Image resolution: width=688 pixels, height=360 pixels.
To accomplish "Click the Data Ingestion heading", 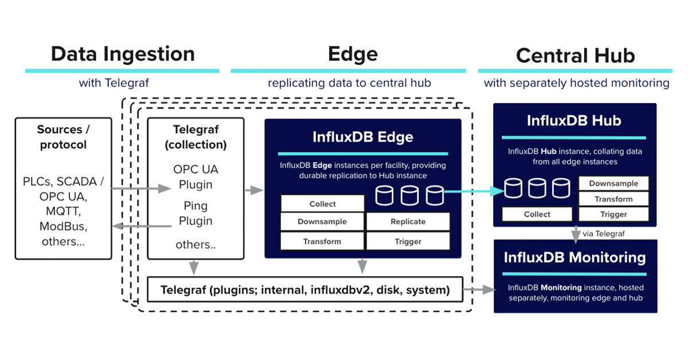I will click(122, 54).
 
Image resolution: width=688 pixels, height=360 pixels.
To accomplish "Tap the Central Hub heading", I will click(575, 55).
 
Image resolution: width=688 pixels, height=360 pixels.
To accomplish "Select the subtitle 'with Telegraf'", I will click(114, 83).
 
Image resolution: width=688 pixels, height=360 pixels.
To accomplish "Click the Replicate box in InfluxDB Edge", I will click(408, 221).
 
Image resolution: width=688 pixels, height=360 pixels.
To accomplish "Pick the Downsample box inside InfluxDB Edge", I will click(322, 221).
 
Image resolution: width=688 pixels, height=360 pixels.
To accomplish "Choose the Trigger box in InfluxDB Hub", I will click(613, 214).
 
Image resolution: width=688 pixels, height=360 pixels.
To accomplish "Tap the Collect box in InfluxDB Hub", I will click(537, 214).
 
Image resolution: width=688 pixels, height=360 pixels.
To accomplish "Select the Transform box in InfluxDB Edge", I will click(322, 241).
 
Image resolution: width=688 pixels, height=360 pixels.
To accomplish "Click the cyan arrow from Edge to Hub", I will click(470, 191).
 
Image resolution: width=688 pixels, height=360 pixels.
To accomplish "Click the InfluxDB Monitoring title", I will click(574, 257).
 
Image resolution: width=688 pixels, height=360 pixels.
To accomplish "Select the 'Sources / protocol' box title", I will click(63, 137).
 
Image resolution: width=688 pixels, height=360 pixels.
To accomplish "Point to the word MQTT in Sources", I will click(63, 212).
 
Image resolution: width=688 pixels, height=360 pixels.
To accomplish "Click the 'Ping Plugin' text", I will click(196, 213).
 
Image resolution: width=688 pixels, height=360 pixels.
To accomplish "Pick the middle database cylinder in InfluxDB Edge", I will click(409, 195).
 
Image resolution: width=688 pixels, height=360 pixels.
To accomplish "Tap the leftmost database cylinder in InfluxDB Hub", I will click(513, 188).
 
